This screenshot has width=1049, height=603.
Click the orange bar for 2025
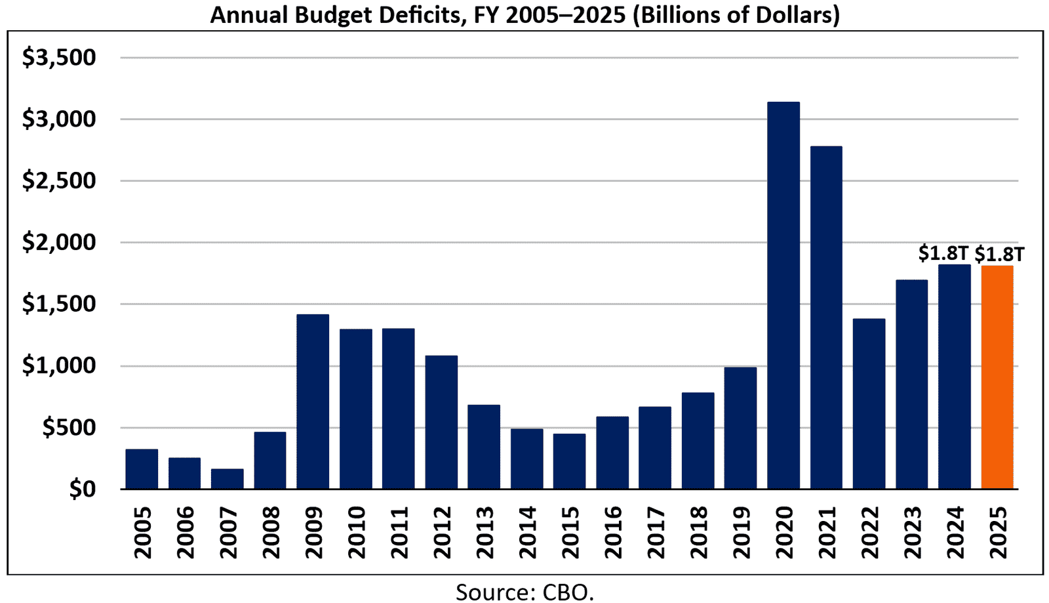click(x=997, y=377)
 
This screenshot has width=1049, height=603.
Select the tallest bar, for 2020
click(x=783, y=295)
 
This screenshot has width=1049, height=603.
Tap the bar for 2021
click(x=826, y=318)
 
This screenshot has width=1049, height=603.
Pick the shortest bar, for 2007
click(x=227, y=479)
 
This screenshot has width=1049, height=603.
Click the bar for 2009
click(x=313, y=402)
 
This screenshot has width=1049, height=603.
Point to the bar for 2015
click(x=569, y=461)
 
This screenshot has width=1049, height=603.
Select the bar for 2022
click(x=869, y=404)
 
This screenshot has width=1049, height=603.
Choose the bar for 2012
click(x=441, y=422)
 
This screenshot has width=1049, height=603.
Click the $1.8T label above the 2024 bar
click(x=943, y=253)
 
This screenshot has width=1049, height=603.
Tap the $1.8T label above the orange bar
click(x=999, y=254)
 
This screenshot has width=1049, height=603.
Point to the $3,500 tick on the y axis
click(x=59, y=58)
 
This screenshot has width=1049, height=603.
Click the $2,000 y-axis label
click(x=59, y=243)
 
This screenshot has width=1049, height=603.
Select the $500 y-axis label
click(x=69, y=428)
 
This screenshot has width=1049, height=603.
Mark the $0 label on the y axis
click(x=82, y=489)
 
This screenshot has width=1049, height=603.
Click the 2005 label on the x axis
click(x=142, y=532)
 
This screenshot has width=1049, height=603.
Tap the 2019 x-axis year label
click(x=741, y=532)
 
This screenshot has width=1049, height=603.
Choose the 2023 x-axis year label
click(x=912, y=532)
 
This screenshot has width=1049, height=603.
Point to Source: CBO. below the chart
click(x=524, y=592)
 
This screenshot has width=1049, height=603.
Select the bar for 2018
click(x=698, y=440)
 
